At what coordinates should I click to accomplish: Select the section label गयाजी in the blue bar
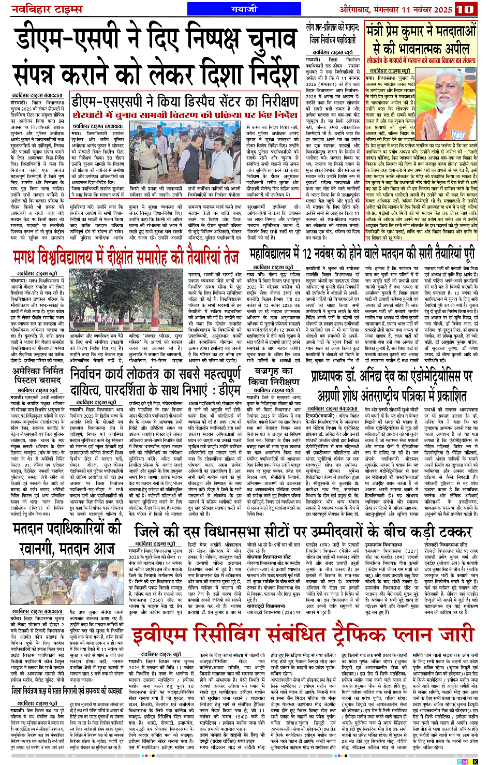point(244,9)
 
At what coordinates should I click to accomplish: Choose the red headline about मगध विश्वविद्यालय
point(126,257)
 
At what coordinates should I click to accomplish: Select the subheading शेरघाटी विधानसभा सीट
point(446,546)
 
